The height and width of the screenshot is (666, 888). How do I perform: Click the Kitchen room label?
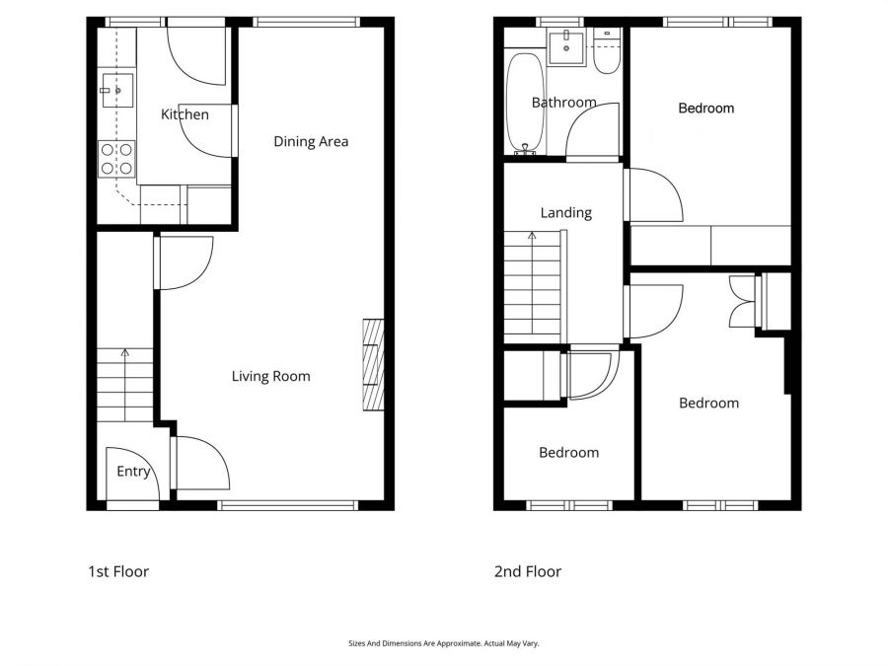[x=185, y=114]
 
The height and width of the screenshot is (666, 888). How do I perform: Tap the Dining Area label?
[x=311, y=141]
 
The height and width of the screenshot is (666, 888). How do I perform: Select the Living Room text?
[x=270, y=376]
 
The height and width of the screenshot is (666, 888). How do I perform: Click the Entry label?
[x=133, y=472]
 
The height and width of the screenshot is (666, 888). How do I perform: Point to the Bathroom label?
[x=563, y=103]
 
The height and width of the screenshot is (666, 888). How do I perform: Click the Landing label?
[x=565, y=212]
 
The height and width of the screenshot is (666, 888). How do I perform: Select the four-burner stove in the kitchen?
[x=116, y=159]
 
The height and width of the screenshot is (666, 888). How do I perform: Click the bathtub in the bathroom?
[x=525, y=103]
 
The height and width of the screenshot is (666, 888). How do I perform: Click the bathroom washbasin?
[x=567, y=45]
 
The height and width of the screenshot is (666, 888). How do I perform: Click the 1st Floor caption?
[x=118, y=571]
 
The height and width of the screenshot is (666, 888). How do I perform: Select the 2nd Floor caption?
[x=527, y=571]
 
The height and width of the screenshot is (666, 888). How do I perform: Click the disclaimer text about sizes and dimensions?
[x=443, y=643]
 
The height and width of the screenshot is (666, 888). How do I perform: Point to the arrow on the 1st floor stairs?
[x=124, y=352]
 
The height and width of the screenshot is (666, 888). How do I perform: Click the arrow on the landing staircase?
[x=533, y=236]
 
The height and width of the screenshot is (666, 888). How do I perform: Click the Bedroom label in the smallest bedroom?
[x=568, y=453]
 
